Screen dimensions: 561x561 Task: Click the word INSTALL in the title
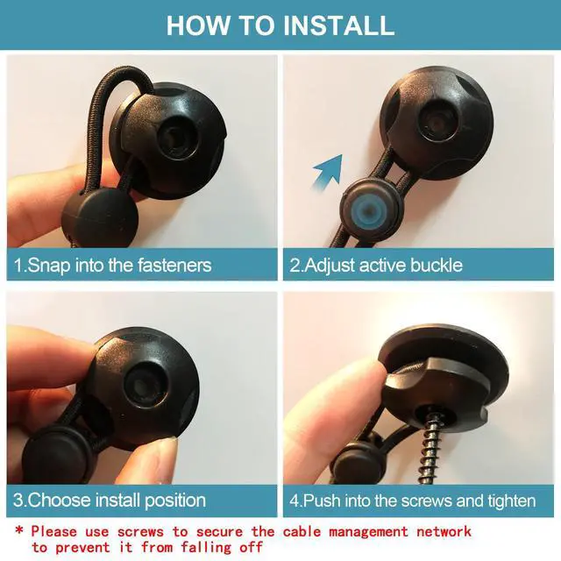[x=338, y=25]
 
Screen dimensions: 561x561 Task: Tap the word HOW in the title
[x=199, y=25]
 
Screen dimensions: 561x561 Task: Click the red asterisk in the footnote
[x=19, y=529]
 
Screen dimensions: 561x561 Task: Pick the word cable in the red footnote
[x=302, y=531]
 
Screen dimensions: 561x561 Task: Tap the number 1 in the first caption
[x=18, y=265]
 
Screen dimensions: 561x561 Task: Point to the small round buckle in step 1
[x=99, y=217]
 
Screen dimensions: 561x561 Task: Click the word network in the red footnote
[x=444, y=531]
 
